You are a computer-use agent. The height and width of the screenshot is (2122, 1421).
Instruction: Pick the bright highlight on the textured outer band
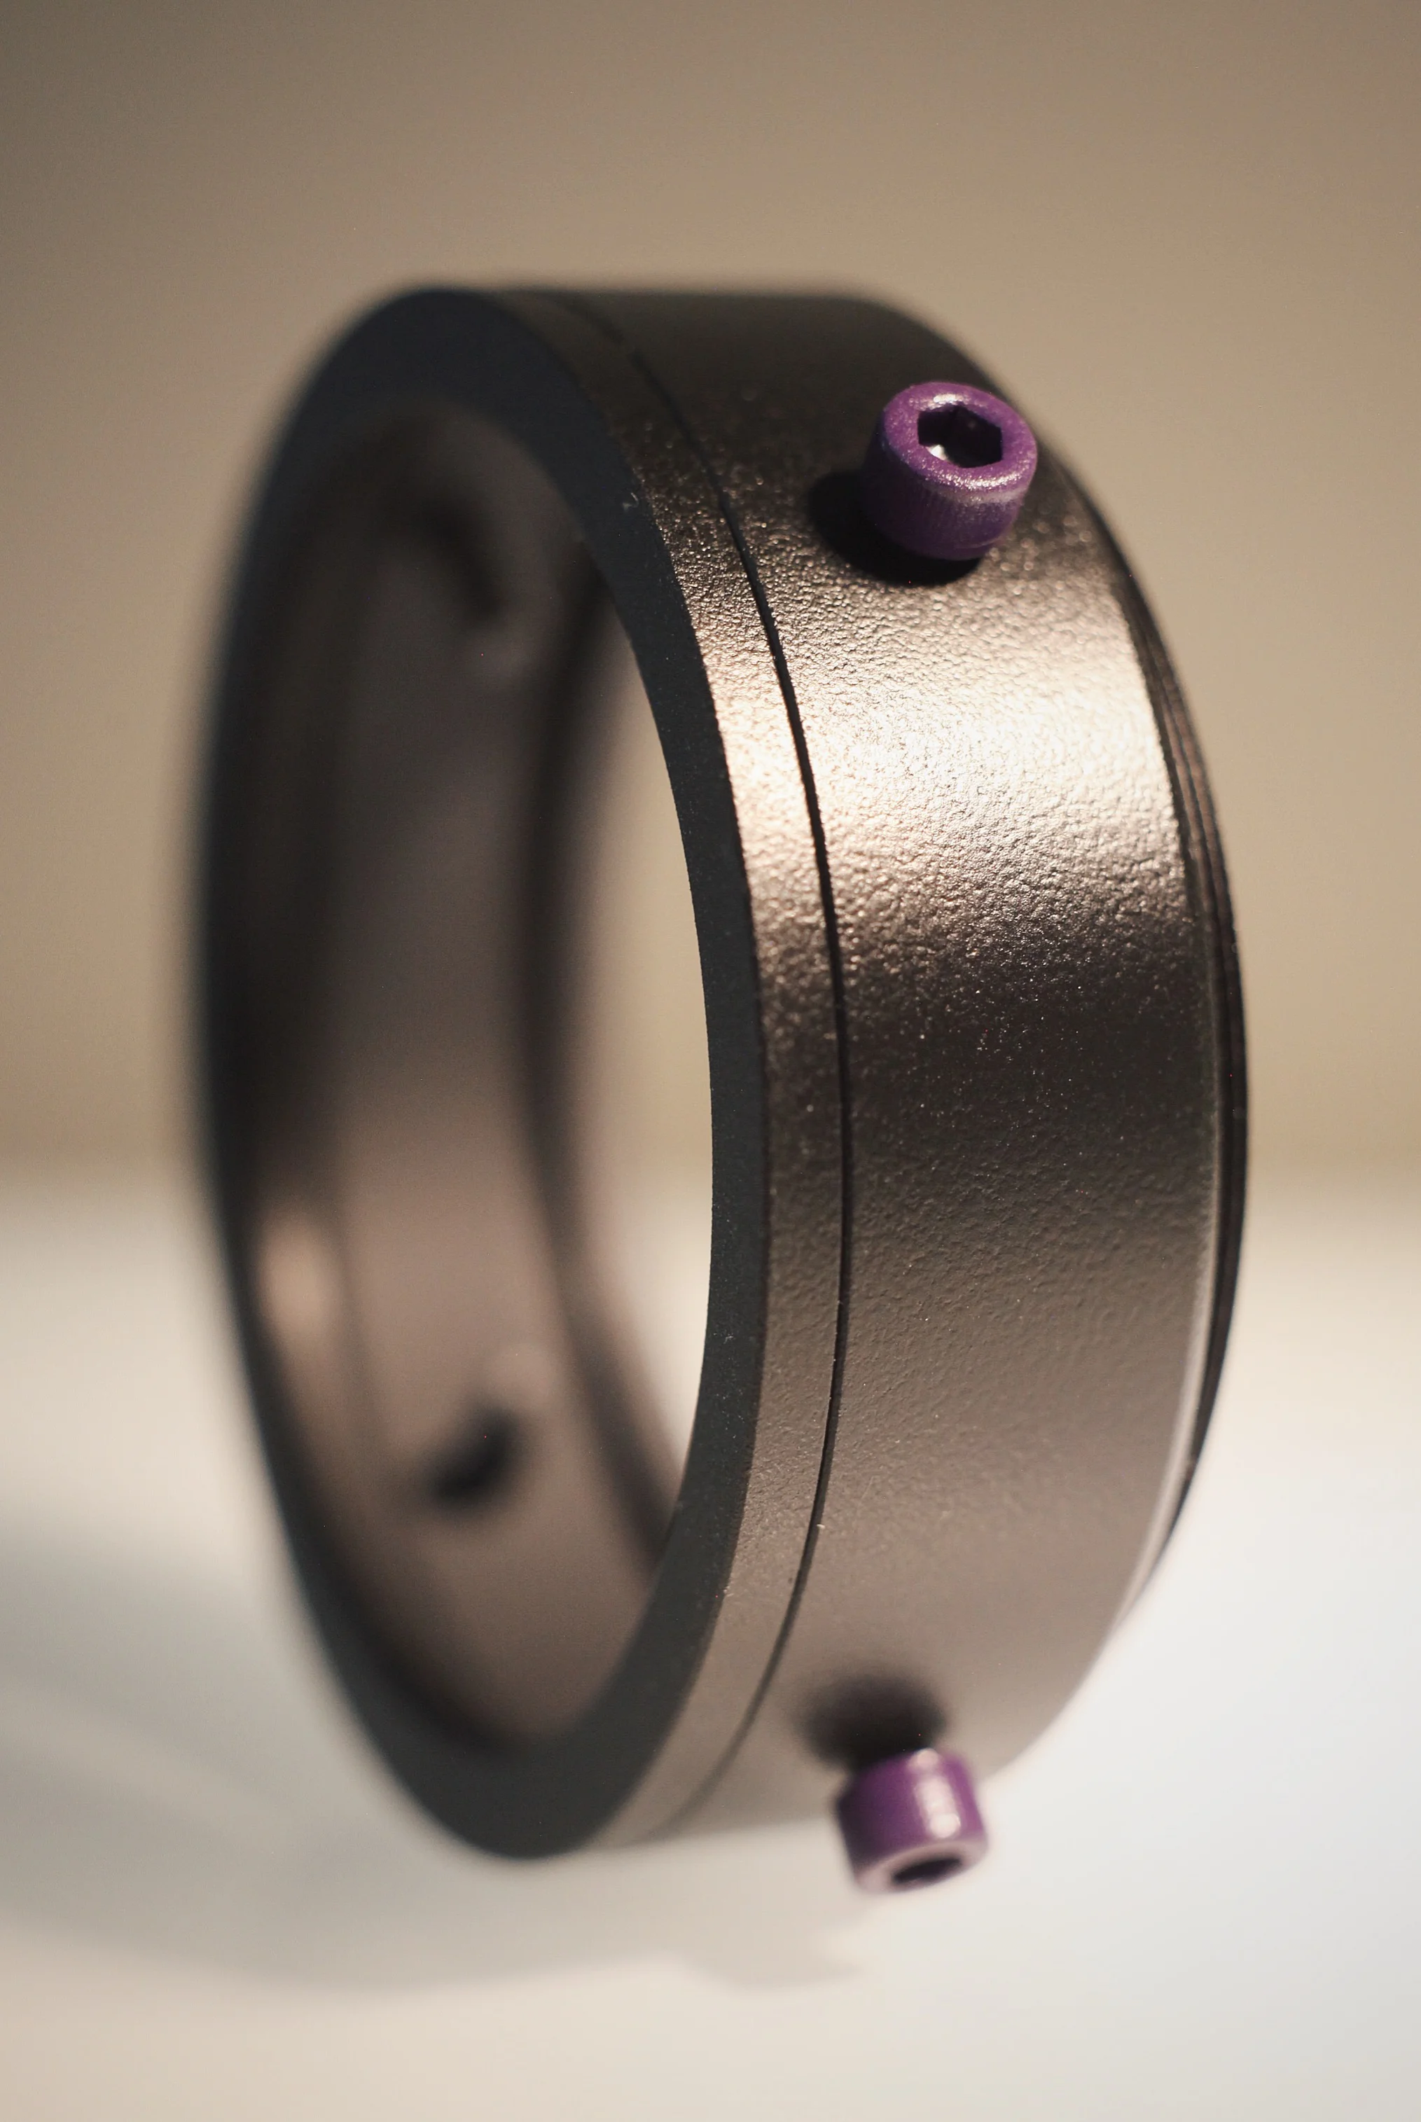987,770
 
